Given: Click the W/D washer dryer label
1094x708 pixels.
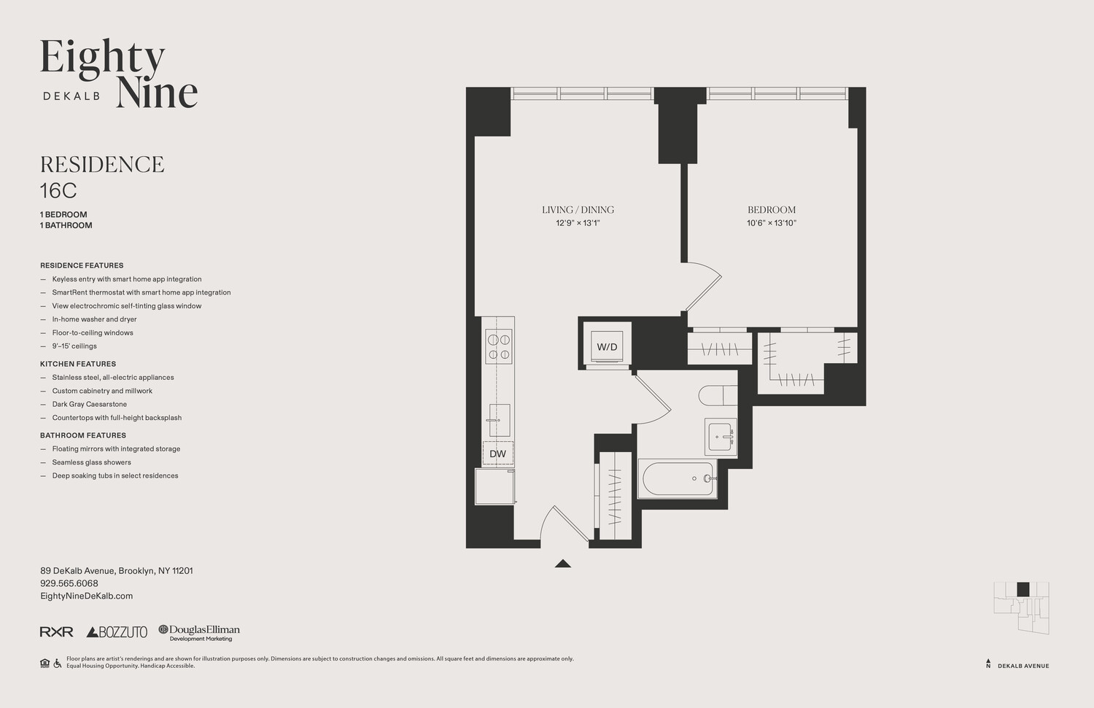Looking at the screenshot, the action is point(607,347).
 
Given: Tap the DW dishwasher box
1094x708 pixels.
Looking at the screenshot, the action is point(497,453).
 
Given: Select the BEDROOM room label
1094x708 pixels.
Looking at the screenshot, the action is point(772,210).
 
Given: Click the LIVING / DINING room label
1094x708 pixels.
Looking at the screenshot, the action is point(578,210).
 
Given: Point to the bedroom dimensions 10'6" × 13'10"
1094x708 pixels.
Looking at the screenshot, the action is point(772,223).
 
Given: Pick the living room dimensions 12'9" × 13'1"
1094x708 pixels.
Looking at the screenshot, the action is point(578,223).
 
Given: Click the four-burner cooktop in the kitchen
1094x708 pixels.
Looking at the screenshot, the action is point(499,346).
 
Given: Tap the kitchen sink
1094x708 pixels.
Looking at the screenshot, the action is point(499,420).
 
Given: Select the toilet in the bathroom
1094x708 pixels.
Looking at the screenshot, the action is point(718,395).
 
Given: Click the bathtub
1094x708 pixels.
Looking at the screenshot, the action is point(678,479).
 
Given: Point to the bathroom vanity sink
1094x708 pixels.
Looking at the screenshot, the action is point(721,437).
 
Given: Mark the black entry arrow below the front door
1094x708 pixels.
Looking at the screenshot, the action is point(563,564).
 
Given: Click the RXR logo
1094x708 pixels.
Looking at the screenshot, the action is point(57,632).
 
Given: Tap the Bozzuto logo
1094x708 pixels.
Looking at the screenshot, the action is point(117,632).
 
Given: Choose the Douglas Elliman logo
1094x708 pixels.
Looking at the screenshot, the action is point(199,633).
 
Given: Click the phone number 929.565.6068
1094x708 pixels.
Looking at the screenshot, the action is point(69,583).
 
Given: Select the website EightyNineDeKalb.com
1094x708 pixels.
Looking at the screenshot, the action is point(87,596).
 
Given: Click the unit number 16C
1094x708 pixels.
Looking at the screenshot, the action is point(58,190).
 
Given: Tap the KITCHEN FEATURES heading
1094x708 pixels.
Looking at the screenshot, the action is point(78,364).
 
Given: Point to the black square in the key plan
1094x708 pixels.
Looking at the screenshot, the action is point(1023,589).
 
